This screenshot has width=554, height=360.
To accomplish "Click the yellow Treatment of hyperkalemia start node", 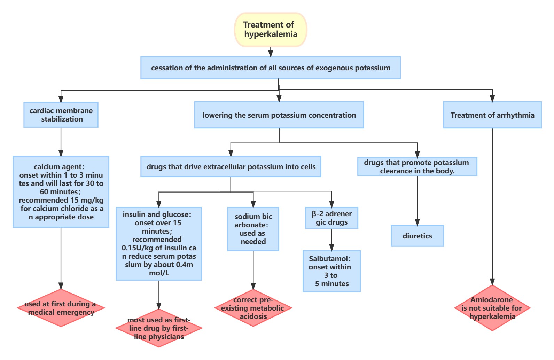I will click(271, 30).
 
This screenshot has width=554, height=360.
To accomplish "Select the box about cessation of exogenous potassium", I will click(271, 68).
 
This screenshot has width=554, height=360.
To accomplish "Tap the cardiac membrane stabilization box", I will click(61, 115).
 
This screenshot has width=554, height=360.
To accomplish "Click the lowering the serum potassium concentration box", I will click(279, 115).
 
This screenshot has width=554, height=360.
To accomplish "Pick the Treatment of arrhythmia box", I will click(492, 115).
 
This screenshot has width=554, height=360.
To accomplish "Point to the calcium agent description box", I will click(61, 192).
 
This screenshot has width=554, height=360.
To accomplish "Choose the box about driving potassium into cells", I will click(231, 167).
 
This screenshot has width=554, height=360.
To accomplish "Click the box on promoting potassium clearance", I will click(417, 167).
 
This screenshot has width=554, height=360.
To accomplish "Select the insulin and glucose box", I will click(159, 244).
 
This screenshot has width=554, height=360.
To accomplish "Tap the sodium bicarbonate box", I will click(253, 229).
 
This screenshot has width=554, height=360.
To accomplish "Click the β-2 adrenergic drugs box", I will click(331, 218).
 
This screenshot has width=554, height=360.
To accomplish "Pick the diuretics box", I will click(417, 236).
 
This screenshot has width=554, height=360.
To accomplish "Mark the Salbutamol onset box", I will click(331, 271).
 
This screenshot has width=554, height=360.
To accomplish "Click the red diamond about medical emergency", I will click(61, 308).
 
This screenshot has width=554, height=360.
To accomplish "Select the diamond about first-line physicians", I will click(159, 328).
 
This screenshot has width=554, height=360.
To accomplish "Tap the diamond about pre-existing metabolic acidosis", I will click(253, 308).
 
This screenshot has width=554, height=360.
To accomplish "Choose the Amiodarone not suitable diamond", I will click(492, 308).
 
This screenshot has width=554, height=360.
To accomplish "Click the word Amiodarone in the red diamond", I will click(491, 300).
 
